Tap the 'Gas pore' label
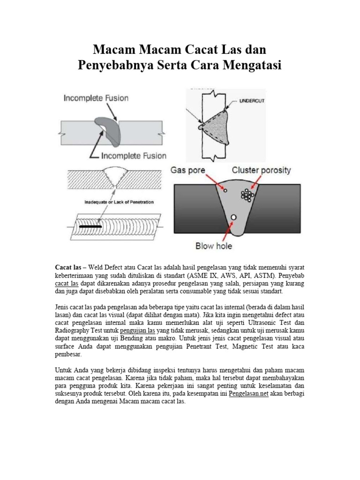tap(194, 170)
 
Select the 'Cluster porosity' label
tap(261, 170)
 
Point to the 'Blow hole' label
tap(214, 246)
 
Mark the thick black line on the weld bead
tap(91, 226)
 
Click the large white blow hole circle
tap(233, 217)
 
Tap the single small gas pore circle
tap(225, 190)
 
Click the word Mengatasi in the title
tap(251, 66)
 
